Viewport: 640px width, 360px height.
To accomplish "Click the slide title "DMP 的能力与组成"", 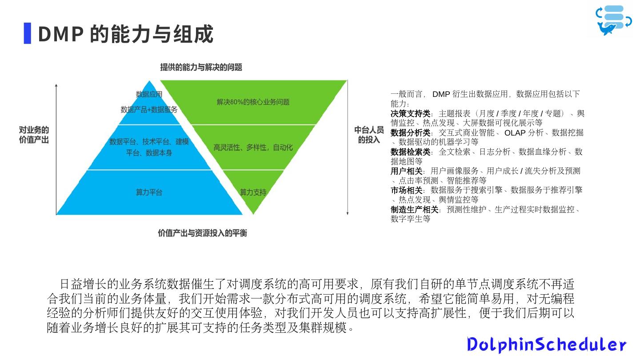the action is tap(126, 34).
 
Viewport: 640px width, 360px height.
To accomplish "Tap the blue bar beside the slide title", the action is tap(28, 33).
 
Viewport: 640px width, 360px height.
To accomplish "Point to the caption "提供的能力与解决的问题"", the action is tap(201, 68).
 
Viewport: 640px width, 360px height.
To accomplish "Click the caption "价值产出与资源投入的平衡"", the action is tap(202, 233).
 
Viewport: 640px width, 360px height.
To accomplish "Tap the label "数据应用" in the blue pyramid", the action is tap(149, 94).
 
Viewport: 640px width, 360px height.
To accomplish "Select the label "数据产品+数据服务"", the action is tap(149, 110).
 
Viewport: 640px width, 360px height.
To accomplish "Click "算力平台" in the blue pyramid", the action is tap(149, 192).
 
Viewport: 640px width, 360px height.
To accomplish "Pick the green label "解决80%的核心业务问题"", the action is tap(253, 102).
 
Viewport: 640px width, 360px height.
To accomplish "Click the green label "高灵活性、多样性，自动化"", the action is tap(253, 148).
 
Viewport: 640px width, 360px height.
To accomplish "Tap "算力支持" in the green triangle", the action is tap(253, 192).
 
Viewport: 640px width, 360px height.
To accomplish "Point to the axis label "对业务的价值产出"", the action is tap(34, 135).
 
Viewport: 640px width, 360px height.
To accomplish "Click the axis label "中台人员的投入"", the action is tap(369, 135).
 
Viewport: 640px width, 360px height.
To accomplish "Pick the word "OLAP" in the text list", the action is tap(515, 133).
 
